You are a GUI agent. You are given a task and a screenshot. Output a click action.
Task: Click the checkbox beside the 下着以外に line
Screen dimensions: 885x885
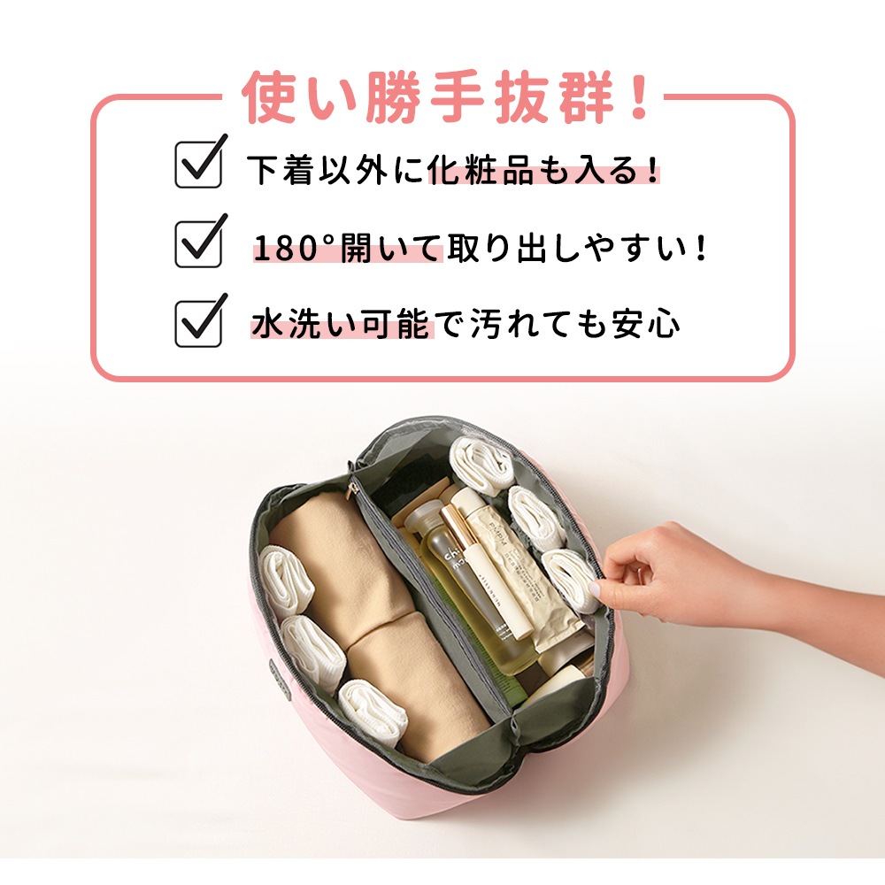point(197,165)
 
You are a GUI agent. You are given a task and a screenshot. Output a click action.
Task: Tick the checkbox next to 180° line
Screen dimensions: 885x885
point(197,244)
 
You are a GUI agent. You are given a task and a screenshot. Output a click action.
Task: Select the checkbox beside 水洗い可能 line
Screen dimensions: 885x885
point(197,323)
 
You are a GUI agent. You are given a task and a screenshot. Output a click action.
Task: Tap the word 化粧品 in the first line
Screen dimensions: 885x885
point(481,169)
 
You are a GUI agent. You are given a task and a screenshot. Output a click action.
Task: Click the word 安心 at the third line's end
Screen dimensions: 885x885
point(646,324)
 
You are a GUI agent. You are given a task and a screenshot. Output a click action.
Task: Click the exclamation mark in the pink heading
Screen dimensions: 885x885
point(640,97)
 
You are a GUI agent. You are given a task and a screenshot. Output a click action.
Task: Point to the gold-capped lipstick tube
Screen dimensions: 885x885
point(487,570)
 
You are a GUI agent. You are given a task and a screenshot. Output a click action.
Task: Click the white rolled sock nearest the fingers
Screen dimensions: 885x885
point(571,580)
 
